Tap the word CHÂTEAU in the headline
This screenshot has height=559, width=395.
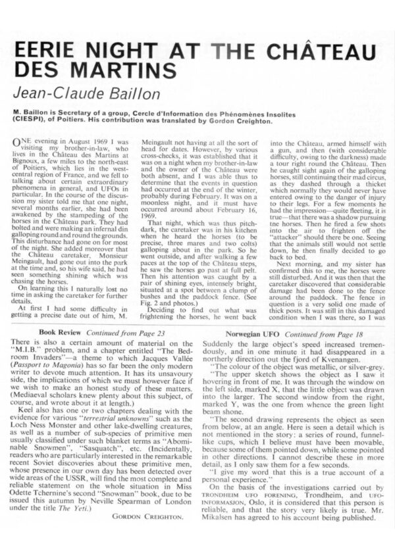click(x=313, y=48)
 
